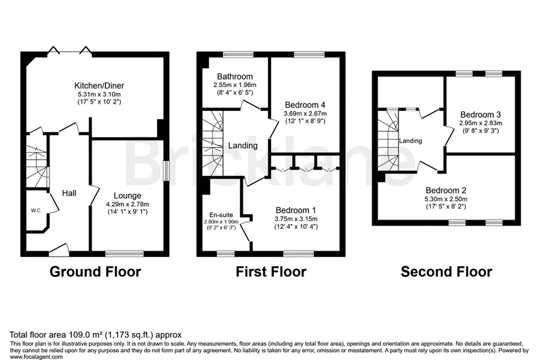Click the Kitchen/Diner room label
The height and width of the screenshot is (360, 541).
click(99, 86)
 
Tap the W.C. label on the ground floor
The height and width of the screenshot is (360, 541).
click(36, 211)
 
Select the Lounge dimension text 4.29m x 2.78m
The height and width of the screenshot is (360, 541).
click(127, 204)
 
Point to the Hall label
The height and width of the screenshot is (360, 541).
click(69, 193)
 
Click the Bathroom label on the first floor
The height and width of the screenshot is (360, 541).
click(235, 76)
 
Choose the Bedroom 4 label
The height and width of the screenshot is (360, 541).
click(305, 105)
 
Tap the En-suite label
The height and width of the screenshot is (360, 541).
click(221, 215)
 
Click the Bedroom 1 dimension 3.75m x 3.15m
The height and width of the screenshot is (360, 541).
click(296, 219)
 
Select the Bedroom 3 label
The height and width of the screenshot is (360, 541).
click(480, 115)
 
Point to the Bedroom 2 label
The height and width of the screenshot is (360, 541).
click(446, 191)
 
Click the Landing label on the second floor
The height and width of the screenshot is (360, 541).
click(410, 140)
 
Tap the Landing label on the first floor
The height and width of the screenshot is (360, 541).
click(243, 146)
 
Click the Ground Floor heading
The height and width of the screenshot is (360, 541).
click(95, 272)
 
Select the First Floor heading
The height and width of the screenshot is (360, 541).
click(271, 272)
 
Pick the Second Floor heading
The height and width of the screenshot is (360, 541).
click(447, 272)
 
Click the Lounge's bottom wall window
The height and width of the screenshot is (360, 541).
click(125, 254)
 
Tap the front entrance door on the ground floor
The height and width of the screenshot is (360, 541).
click(59, 250)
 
